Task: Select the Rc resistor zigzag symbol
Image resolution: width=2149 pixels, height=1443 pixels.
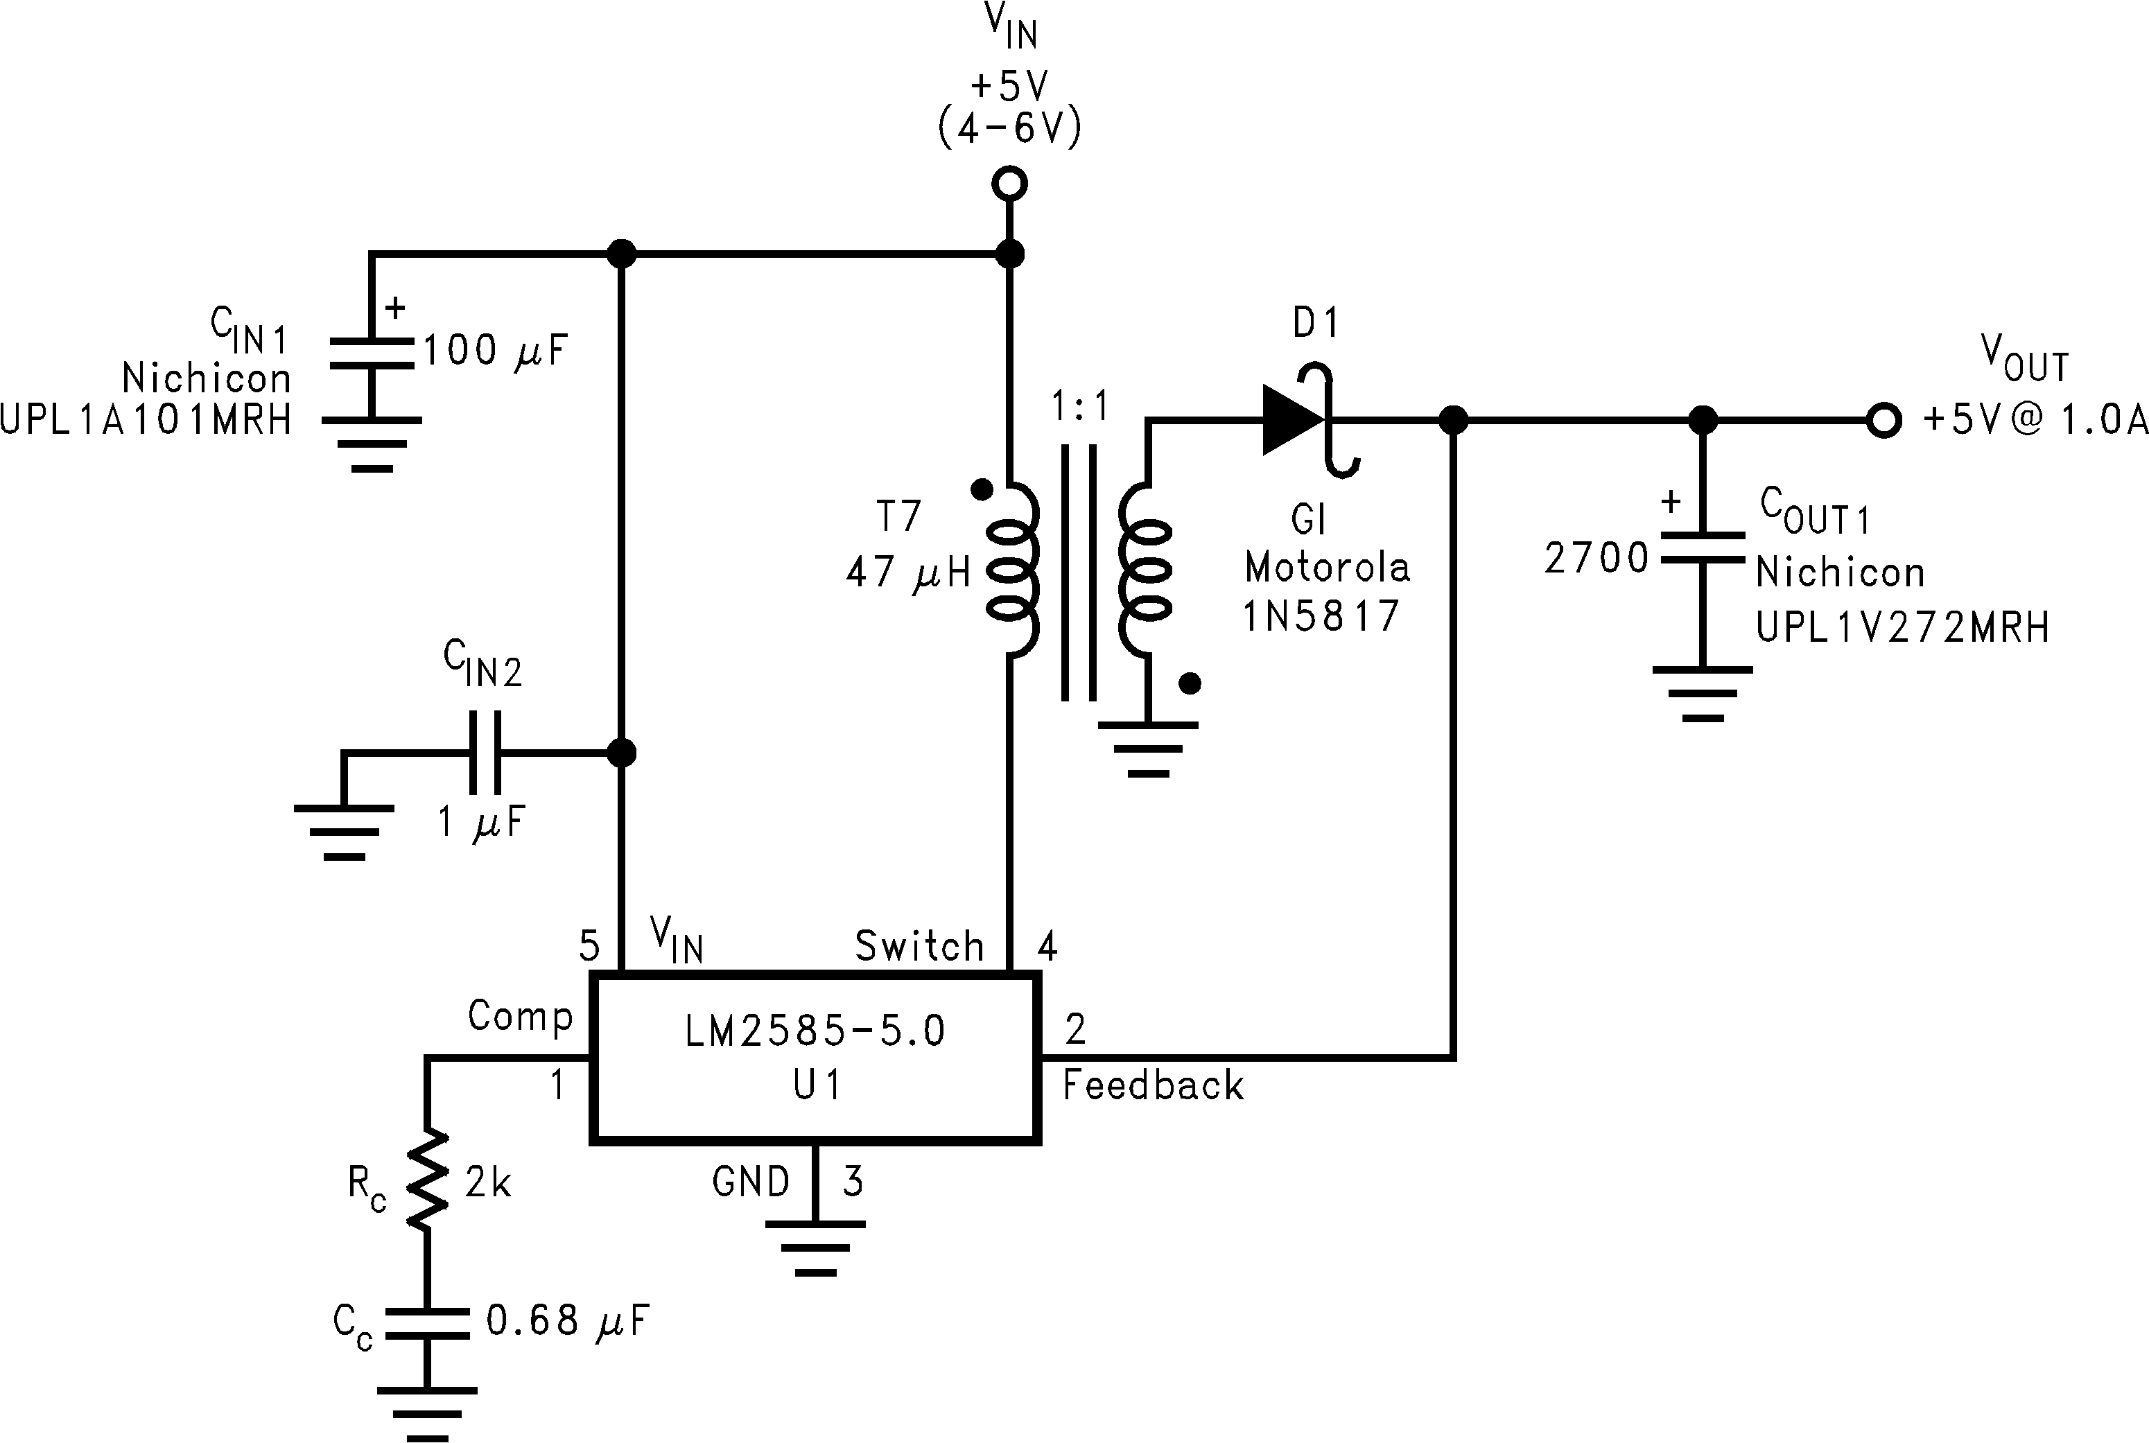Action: [427, 1181]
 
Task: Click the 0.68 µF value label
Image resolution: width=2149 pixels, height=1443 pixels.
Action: [567, 1320]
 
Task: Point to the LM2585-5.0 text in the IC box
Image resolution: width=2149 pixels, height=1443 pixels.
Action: [815, 1031]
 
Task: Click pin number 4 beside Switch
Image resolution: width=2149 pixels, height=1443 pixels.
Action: [1047, 946]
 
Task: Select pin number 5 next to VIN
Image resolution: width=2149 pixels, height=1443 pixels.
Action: [589, 946]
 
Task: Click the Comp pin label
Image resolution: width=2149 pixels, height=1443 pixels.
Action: [520, 1016]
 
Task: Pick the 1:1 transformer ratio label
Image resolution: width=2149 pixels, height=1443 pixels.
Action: [1081, 406]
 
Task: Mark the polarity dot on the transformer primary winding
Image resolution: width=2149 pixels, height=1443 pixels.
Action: [982, 489]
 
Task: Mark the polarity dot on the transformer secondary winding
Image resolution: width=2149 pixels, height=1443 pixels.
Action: [1190, 683]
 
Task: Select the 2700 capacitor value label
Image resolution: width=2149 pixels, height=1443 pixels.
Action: [1596, 559]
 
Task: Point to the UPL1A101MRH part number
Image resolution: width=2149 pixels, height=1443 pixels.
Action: [146, 419]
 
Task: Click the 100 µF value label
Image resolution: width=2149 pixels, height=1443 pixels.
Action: [495, 351]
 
